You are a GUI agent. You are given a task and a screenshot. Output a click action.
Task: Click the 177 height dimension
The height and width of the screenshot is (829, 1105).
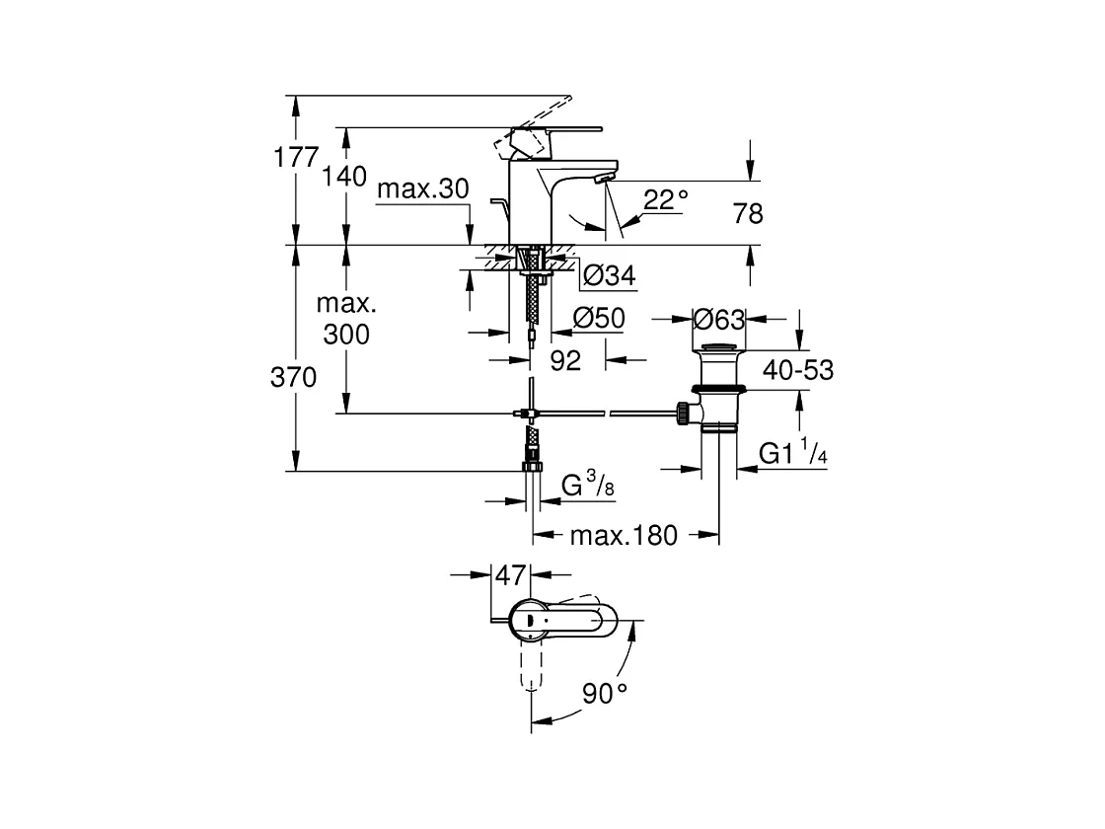tap(296, 157)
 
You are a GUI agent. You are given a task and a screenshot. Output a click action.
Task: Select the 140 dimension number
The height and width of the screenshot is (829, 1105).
tap(344, 176)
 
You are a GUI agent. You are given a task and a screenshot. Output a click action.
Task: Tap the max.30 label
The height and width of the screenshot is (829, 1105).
tap(423, 188)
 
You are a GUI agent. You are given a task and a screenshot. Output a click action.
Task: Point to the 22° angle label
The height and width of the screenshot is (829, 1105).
tap(665, 200)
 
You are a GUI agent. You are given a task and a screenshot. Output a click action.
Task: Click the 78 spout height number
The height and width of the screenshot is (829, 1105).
tap(748, 213)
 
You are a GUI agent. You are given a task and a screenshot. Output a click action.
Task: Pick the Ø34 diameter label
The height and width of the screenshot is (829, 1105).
tap(610, 275)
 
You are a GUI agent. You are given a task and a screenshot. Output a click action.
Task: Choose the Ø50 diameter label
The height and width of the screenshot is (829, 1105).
tap(599, 318)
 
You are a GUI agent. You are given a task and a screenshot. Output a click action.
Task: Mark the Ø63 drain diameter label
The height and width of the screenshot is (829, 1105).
tap(719, 320)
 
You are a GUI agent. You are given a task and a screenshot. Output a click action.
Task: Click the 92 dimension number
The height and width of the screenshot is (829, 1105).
tap(565, 361)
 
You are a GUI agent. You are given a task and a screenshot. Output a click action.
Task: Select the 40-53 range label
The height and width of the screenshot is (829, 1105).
tap(798, 370)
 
